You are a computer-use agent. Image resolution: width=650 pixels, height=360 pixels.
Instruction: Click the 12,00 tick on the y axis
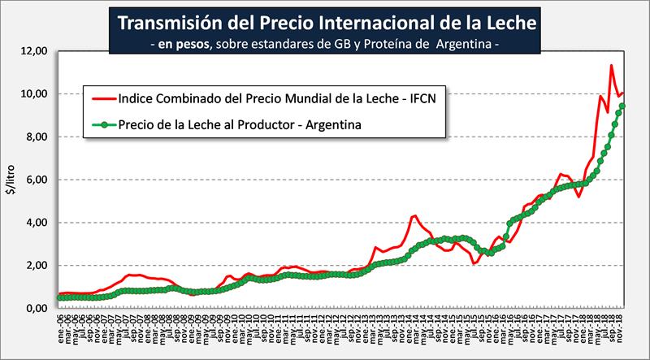point(34,51)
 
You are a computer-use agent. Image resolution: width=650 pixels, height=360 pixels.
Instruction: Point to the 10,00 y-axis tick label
point(34,94)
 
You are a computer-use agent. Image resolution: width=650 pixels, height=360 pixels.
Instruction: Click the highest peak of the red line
point(610,66)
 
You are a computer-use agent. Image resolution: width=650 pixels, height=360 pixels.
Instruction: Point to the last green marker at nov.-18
point(622,106)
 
